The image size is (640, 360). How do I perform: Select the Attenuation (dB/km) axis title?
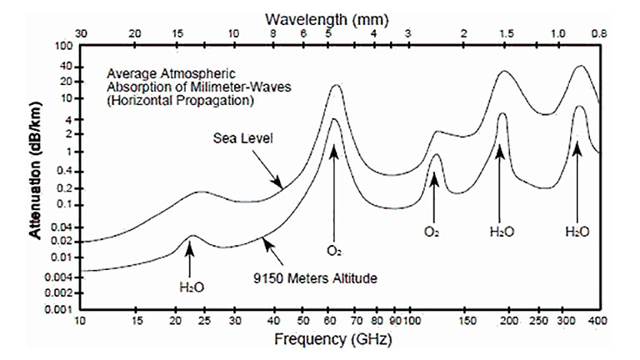[x=36, y=177]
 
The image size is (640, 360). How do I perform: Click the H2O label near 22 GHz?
[x=191, y=287]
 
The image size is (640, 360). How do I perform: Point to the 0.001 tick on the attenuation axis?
[x=61, y=309]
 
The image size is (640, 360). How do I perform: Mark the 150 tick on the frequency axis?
[x=467, y=321]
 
